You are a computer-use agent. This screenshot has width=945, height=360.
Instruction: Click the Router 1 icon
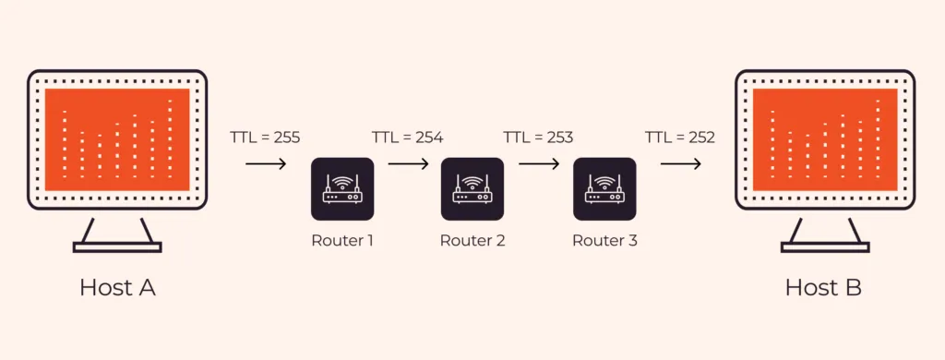342,188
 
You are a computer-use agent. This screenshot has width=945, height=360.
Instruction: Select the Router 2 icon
472,188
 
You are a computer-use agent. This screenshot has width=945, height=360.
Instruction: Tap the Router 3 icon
604,188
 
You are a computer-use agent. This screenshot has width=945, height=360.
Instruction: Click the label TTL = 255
265,138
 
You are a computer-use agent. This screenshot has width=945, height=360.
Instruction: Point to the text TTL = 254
407,138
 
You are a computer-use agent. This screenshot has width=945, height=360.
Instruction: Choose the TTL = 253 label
538,138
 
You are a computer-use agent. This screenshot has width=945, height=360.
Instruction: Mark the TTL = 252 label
680,138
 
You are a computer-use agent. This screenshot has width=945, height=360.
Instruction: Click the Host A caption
117,287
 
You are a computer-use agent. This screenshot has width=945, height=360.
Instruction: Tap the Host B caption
823,287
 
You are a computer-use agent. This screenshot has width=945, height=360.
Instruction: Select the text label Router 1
342,241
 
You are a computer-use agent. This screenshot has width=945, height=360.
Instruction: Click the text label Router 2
472,241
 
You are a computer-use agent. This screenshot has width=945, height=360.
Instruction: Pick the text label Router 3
604,241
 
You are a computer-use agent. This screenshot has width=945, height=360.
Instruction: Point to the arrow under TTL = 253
538,165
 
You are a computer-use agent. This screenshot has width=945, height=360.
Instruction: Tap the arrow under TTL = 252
680,165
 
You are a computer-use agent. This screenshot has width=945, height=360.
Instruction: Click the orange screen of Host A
117,139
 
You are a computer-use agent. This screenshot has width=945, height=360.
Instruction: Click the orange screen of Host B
825,139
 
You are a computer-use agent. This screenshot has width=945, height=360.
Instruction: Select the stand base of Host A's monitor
117,246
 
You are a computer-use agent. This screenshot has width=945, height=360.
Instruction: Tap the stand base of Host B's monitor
825,246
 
